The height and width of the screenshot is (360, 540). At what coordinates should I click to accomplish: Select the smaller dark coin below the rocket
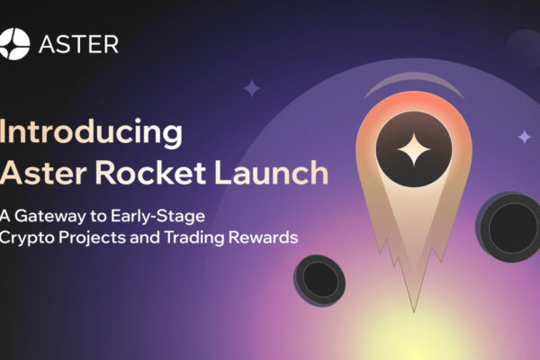click(x=321, y=281)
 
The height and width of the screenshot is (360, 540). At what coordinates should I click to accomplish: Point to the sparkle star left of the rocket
click(x=252, y=88)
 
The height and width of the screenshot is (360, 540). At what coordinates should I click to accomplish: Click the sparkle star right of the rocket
click(x=524, y=136)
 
